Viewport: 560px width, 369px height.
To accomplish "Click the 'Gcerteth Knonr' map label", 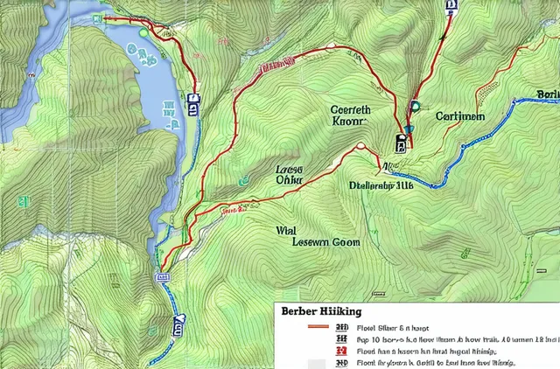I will point(351,116).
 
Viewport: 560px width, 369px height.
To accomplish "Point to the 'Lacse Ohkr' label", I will point(289,174).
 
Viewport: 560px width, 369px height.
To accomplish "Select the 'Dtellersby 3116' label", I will point(381,185).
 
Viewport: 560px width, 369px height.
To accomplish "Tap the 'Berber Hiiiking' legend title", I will point(322,311).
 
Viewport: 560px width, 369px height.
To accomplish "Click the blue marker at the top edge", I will point(451,4).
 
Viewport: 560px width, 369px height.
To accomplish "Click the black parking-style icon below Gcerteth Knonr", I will point(401,143).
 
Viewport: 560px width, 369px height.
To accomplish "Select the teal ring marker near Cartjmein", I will point(415,107).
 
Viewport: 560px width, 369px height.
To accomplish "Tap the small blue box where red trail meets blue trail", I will point(162,276).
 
